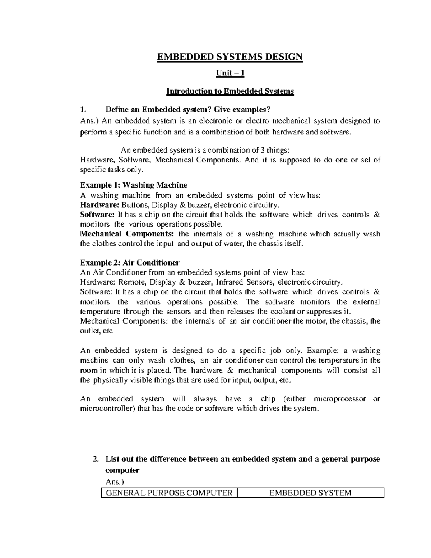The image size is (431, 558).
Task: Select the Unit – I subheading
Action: [230, 74]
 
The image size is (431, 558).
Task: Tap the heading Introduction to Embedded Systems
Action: [230, 91]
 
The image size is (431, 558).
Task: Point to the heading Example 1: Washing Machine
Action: [134, 185]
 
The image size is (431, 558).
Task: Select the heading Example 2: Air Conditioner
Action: [130, 263]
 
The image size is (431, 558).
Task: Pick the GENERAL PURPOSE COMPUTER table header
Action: [168, 493]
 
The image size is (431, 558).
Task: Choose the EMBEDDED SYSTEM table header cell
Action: [310, 493]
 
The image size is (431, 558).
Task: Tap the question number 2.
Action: [95, 459]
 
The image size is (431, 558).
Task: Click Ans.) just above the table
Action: [114, 482]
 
